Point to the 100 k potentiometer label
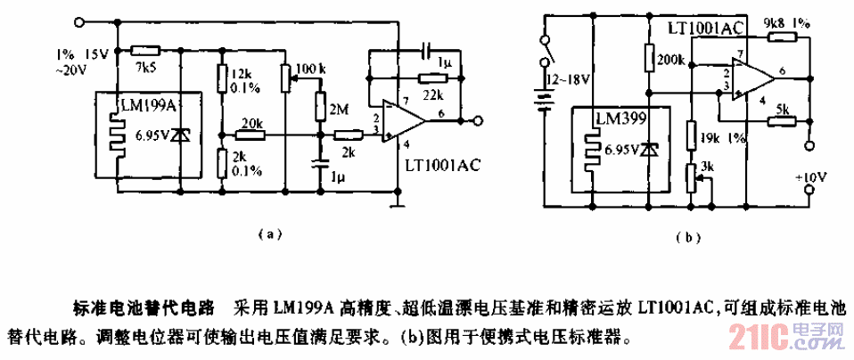pos(309,69)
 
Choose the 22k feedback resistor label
pos(433,94)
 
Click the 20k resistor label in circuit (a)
pos(250,122)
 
